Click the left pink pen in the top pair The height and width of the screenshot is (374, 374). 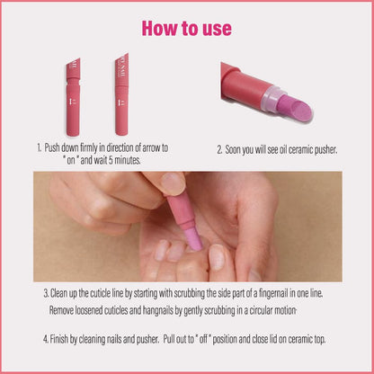point(73,97)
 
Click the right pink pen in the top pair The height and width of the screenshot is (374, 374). point(122,97)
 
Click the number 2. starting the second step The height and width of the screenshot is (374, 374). point(219,148)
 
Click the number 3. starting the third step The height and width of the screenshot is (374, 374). point(46,293)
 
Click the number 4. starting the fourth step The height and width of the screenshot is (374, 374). point(45,340)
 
